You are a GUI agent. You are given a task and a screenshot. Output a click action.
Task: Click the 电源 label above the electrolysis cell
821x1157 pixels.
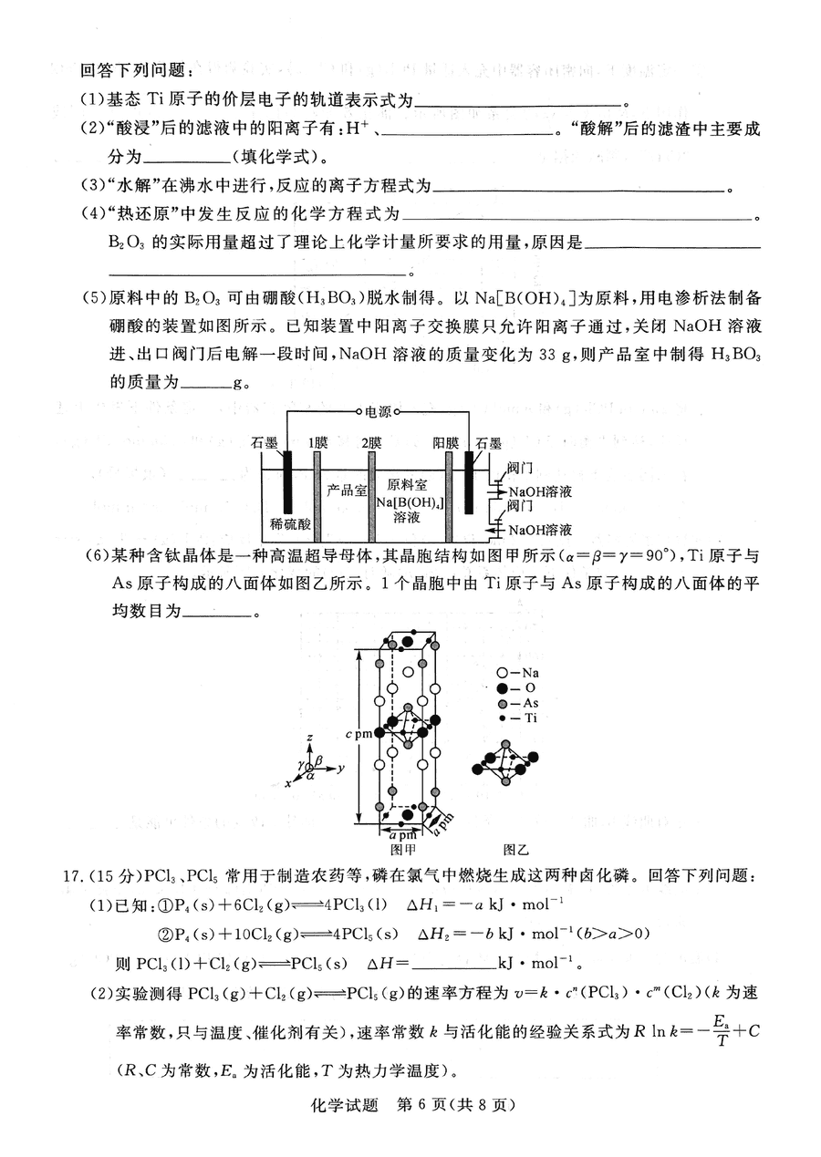378,411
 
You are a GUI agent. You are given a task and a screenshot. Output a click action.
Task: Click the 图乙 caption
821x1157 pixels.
515,849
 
